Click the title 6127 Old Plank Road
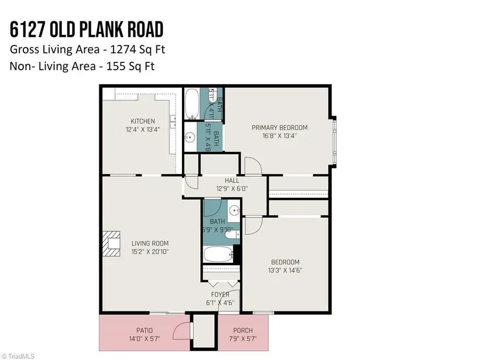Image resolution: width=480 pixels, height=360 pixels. point(87,30)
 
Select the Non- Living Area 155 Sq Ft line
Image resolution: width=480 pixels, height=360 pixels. point(82,67)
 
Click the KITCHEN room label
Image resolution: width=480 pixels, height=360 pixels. point(143,122)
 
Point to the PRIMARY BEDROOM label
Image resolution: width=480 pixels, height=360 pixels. point(279,127)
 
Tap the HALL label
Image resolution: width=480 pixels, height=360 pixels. point(231,181)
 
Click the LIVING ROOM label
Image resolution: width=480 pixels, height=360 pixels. point(150,244)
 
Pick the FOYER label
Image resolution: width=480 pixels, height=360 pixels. point(220,294)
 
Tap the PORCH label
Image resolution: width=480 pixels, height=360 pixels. point(243,331)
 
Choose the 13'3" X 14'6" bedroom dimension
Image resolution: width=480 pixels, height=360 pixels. point(285,270)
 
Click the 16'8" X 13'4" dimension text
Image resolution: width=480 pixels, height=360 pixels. point(279,135)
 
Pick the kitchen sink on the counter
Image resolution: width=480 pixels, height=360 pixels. point(174,122)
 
